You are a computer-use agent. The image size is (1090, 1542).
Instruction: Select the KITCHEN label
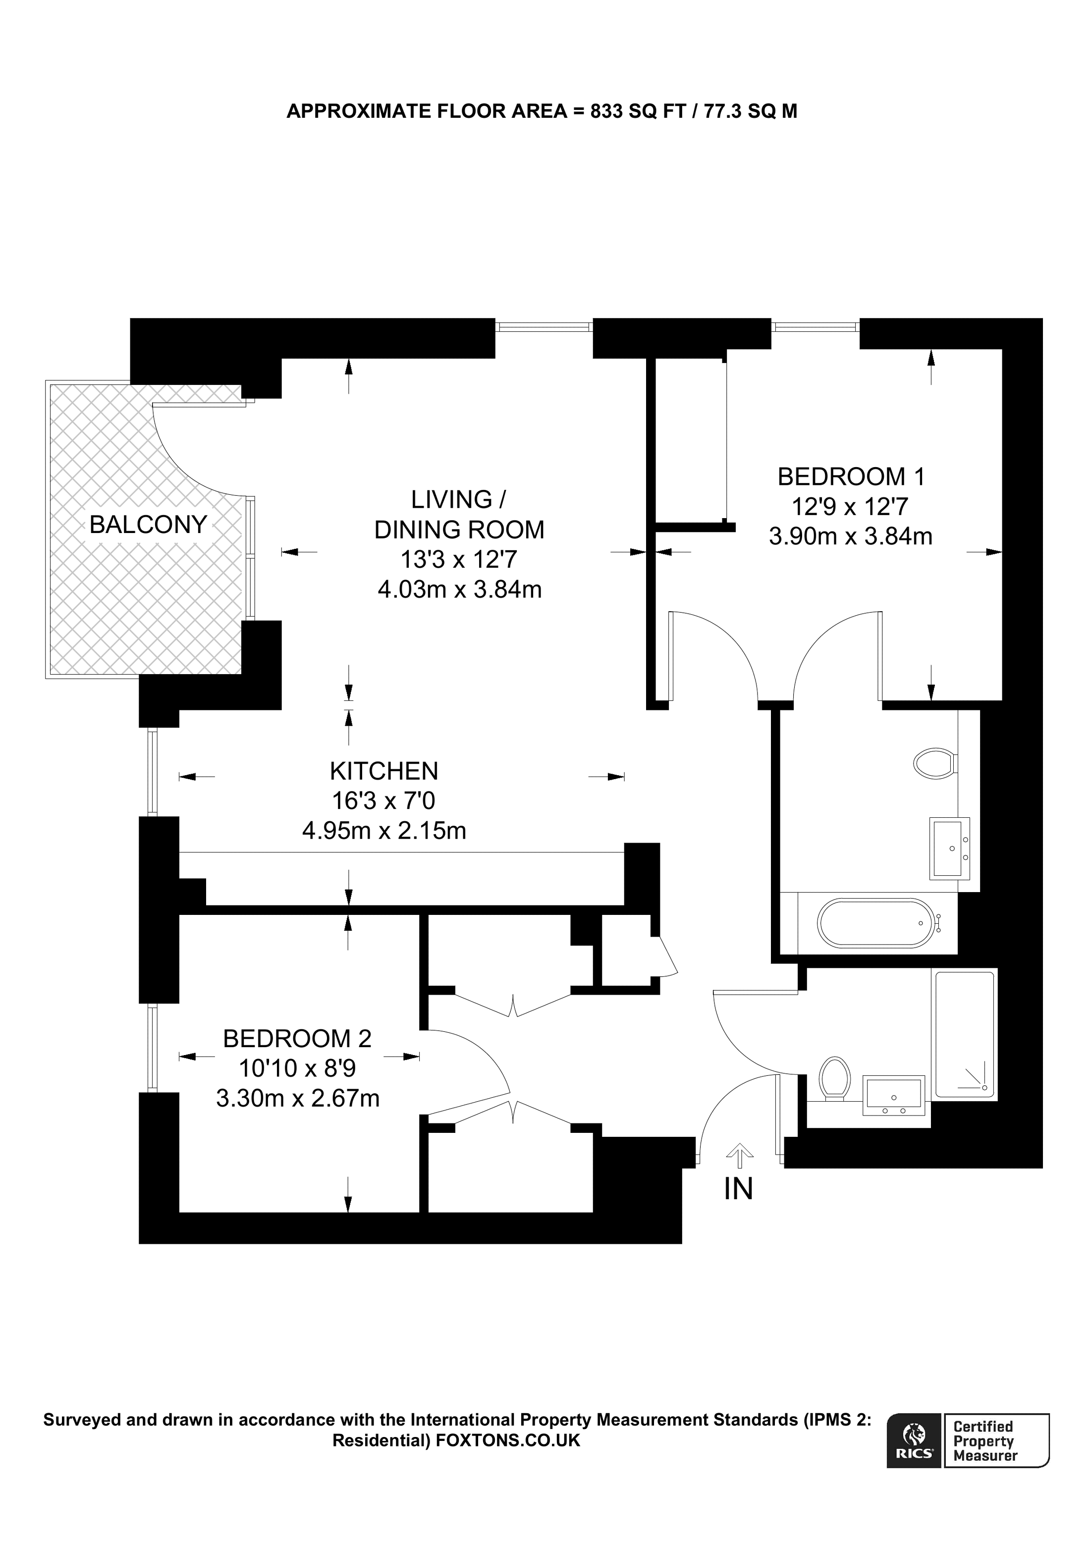pyautogui.click(x=383, y=771)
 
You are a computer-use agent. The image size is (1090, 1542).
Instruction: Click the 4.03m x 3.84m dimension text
pyautogui.click(x=459, y=589)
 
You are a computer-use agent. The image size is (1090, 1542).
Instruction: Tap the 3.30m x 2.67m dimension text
pyautogui.click(x=297, y=1098)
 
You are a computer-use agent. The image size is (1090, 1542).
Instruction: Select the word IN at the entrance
pyautogui.click(x=738, y=1189)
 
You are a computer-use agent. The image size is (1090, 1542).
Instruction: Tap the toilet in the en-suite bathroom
pyautogui.click(x=935, y=764)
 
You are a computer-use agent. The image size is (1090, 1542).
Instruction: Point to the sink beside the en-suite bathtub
pyautogui.click(x=949, y=848)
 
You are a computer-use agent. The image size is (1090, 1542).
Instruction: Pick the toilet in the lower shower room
pyautogui.click(x=835, y=1078)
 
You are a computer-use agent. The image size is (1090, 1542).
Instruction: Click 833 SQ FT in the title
pyautogui.click(x=637, y=111)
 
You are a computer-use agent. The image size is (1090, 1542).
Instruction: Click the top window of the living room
pyautogui.click(x=544, y=326)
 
